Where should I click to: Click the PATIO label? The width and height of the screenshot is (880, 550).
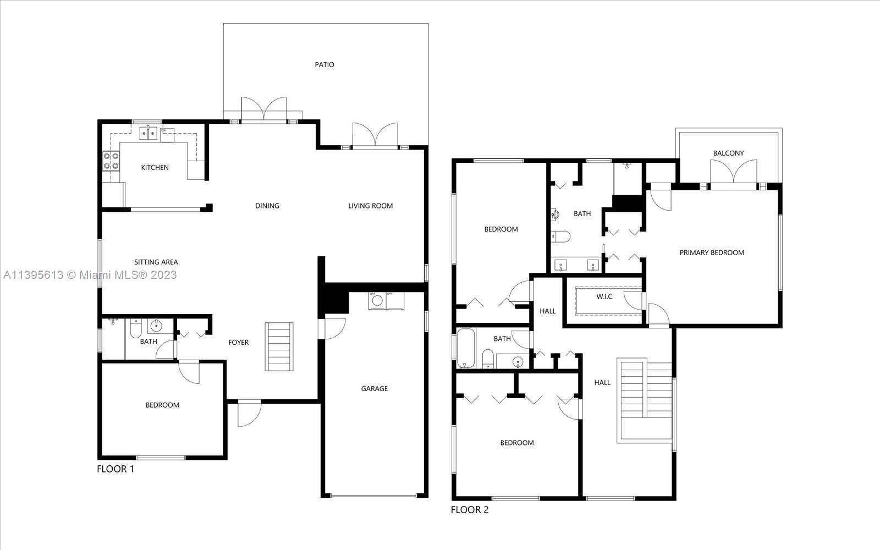(x=324, y=65)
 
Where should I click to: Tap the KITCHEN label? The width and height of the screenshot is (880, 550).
(x=155, y=168)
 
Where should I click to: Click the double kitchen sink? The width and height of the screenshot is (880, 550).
(x=148, y=134)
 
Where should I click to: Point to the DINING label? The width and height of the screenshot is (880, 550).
(x=267, y=206)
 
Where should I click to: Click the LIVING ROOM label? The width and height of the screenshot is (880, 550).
(x=371, y=206)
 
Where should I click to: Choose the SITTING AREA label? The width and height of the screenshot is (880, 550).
(x=156, y=262)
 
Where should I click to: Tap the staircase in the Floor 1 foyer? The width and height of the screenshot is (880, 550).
(x=279, y=346)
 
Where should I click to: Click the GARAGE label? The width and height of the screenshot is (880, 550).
(x=375, y=388)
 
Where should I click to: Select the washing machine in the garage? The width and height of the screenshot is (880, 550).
(x=377, y=300)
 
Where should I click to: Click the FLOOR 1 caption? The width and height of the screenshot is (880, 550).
(x=116, y=469)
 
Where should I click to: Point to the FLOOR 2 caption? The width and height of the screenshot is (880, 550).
(x=470, y=510)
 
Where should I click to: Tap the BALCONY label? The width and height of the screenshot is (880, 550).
(x=728, y=153)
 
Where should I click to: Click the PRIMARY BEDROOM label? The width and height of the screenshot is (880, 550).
(x=712, y=252)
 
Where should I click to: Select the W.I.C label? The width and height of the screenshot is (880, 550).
(x=604, y=296)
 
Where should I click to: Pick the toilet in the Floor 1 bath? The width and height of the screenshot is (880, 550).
(x=135, y=329)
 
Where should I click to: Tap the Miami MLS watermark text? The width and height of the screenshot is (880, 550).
(x=90, y=275)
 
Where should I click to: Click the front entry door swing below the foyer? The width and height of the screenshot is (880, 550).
(x=249, y=413)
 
